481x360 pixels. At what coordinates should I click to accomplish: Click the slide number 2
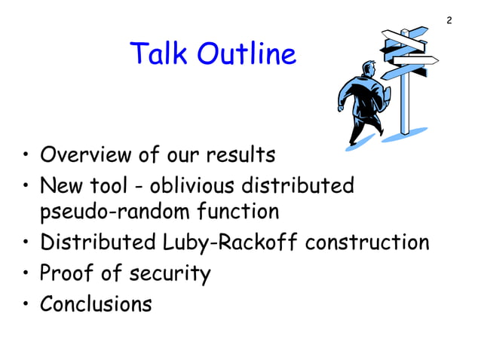(x=449, y=20)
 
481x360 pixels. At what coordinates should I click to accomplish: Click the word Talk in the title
(x=160, y=54)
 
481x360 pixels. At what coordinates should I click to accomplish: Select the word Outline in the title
(x=248, y=54)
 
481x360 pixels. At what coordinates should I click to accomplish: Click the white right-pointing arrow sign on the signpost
(x=415, y=59)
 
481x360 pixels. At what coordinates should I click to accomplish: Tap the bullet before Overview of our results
(x=26, y=157)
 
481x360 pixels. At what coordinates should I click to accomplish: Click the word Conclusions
(x=96, y=304)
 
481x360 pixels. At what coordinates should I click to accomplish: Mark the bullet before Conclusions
(x=26, y=305)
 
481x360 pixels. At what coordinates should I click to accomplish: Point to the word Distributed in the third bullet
(x=100, y=243)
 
